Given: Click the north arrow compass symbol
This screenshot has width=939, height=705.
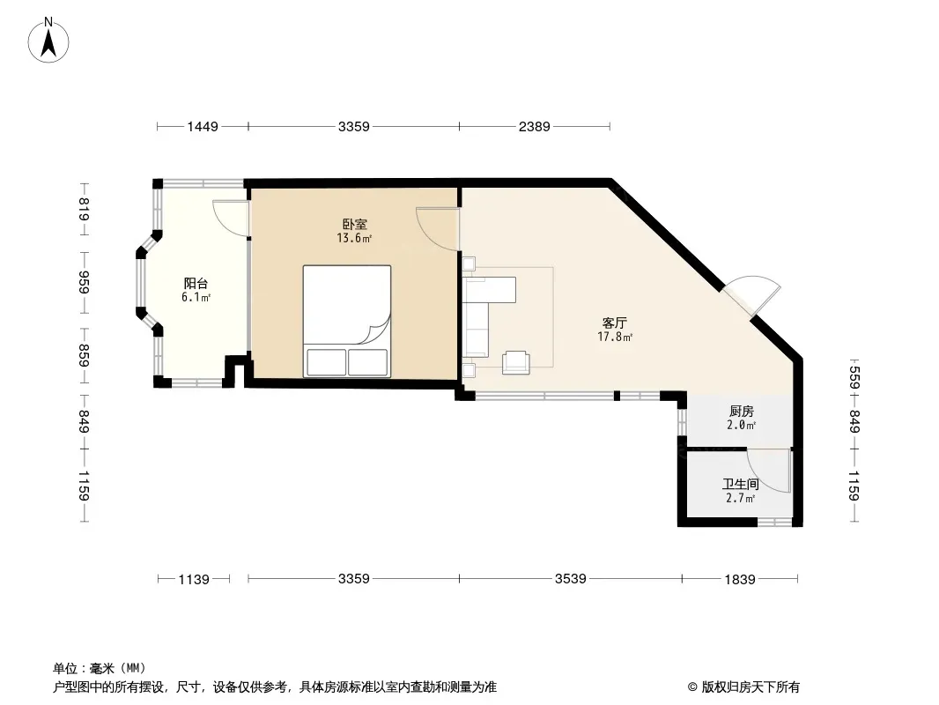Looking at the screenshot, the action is click(x=48, y=41).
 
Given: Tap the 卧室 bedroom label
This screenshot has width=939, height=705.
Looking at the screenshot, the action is click(x=354, y=224).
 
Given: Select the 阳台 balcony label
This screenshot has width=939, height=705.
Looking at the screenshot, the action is click(x=196, y=283).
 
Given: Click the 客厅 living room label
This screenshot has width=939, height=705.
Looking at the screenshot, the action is click(x=615, y=323).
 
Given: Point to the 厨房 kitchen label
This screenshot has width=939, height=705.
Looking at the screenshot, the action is click(x=742, y=412).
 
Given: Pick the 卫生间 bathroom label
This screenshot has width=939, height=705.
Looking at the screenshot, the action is click(x=741, y=484).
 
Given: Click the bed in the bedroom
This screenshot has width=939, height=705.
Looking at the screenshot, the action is click(x=347, y=321).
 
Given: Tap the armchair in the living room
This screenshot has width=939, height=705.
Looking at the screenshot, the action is click(x=515, y=362).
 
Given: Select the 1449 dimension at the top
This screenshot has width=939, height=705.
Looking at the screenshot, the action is click(x=203, y=126).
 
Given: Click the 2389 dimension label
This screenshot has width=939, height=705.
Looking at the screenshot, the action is click(x=534, y=126).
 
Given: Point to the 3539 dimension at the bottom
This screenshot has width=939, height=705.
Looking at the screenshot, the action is click(x=570, y=579).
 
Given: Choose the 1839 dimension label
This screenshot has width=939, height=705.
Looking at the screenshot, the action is click(x=740, y=579).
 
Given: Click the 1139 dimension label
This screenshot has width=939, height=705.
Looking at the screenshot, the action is click(x=194, y=579).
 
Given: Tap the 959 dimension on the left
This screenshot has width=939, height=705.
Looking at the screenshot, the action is click(x=84, y=283).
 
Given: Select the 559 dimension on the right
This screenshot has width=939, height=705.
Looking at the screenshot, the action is click(x=854, y=377).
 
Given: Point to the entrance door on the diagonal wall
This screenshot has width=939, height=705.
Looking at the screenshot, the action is click(x=752, y=294).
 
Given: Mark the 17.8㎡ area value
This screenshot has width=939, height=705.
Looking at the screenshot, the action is click(x=615, y=337).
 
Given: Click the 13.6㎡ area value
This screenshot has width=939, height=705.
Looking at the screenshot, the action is click(x=354, y=239).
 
